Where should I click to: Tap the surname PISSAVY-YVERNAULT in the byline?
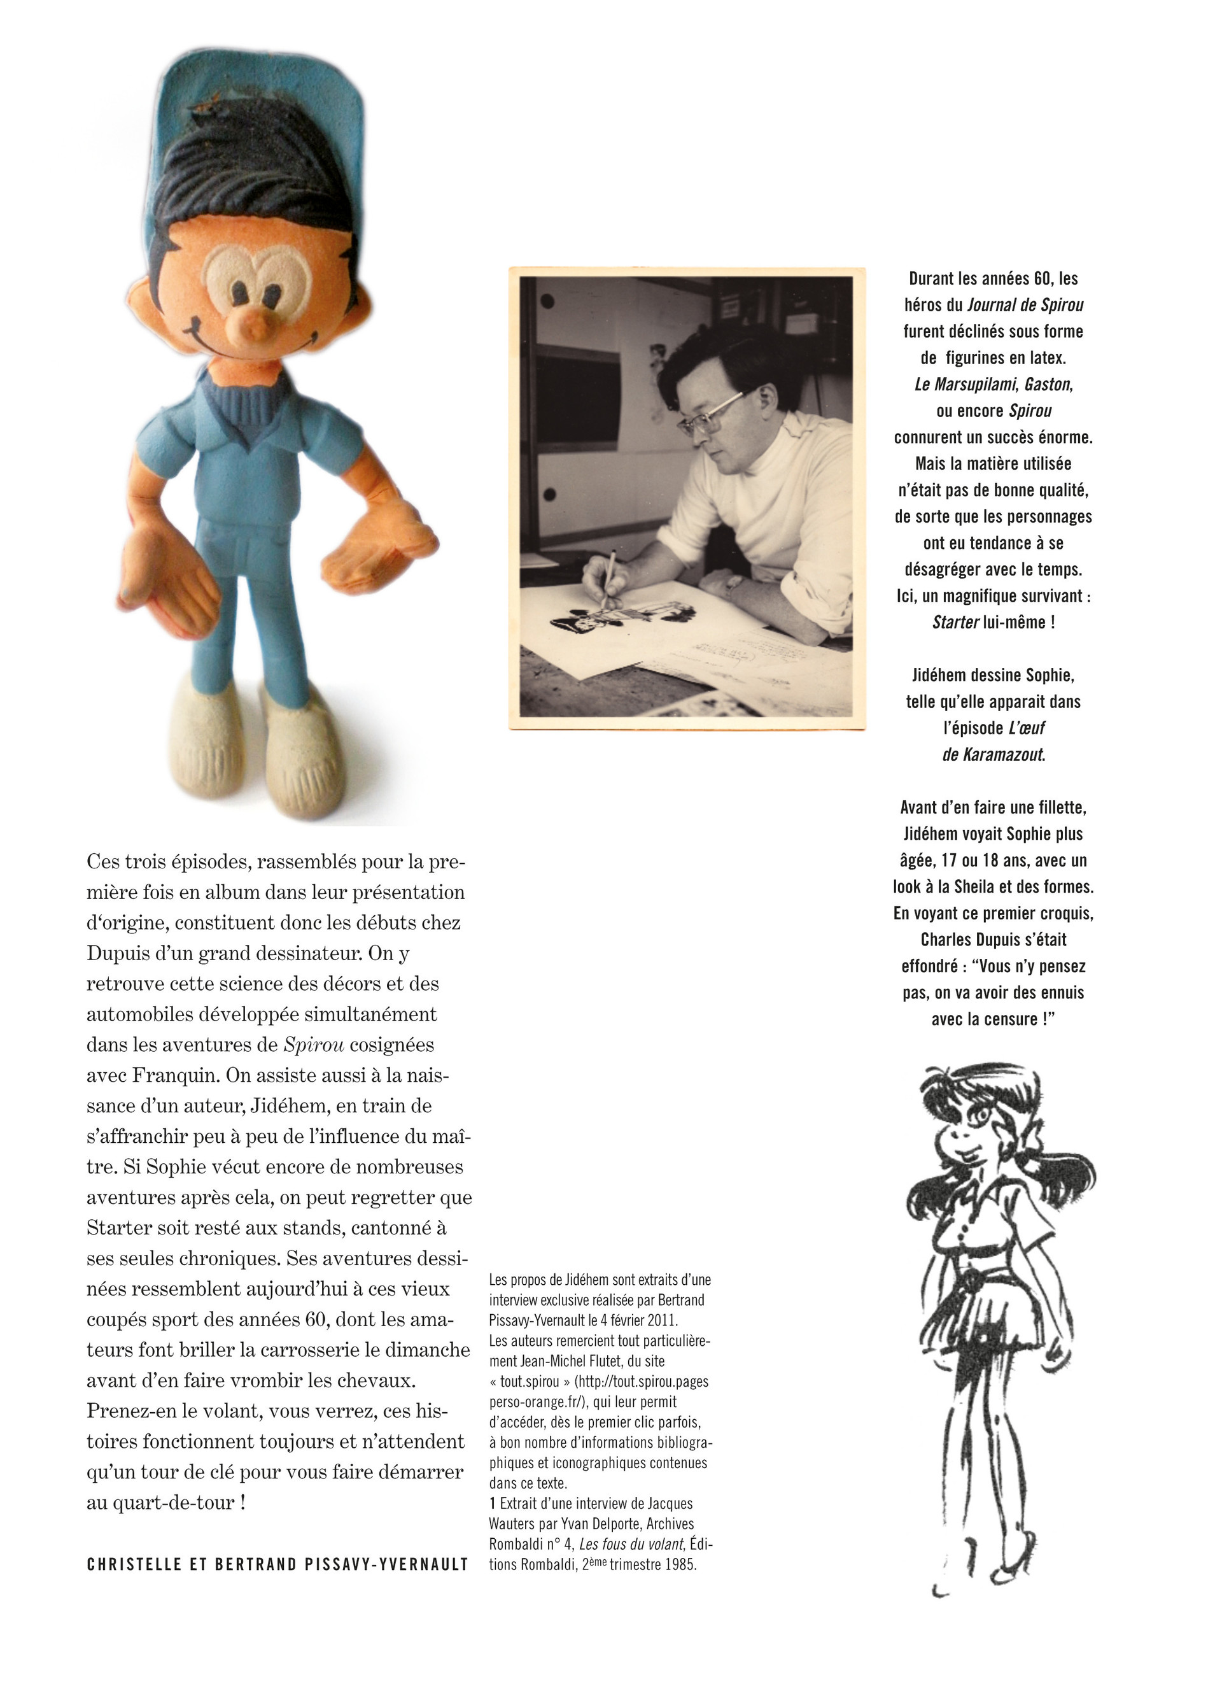click(x=386, y=1564)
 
